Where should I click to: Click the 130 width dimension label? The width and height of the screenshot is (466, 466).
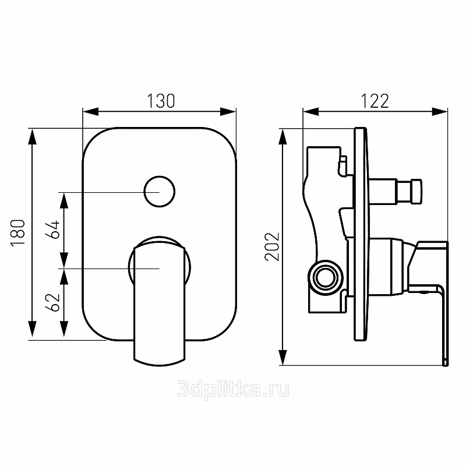pos(161,101)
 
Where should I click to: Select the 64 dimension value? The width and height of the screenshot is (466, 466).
pos(53,230)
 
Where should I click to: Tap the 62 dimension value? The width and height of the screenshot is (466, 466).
pos(53,302)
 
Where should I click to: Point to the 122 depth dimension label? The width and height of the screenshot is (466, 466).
pos(375,101)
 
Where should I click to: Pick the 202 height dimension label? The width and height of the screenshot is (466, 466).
pos(272,247)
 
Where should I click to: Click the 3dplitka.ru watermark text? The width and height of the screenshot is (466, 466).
pos(233,390)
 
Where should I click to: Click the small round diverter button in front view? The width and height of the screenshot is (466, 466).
pos(160,192)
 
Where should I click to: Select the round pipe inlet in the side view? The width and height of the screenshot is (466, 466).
pos(326,278)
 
